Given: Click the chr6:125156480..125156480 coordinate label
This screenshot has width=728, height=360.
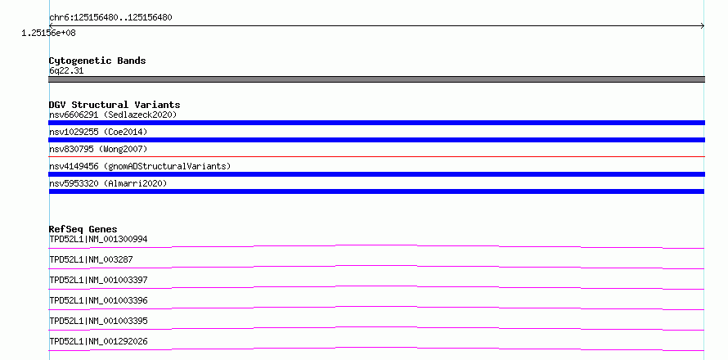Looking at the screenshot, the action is (x=110, y=18).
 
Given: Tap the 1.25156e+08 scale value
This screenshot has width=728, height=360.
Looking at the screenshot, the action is (x=48, y=33).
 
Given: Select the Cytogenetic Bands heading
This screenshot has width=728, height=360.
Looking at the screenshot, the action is (x=97, y=61).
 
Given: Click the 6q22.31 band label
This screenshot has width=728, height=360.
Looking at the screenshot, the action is (x=66, y=70).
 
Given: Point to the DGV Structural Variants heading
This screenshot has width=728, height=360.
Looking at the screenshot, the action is (x=115, y=105).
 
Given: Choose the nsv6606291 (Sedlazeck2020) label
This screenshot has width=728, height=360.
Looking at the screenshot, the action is (x=113, y=115).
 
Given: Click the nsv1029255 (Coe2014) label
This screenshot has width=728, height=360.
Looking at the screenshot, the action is (x=98, y=132).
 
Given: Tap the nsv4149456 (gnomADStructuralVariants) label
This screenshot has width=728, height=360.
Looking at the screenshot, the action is (x=140, y=166).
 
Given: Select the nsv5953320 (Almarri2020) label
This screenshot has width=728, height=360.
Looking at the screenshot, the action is (x=108, y=183).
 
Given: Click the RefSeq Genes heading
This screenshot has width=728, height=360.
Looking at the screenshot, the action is (x=83, y=229).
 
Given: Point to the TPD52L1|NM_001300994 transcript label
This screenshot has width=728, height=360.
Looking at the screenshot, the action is (x=98, y=239).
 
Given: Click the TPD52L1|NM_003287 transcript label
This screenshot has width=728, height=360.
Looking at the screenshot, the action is (x=91, y=259).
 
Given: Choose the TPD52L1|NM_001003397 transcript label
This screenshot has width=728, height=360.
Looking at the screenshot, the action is (x=98, y=280).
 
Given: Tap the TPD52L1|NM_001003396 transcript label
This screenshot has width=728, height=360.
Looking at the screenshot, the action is (x=98, y=300).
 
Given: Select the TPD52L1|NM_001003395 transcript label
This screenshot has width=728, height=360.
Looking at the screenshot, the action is (x=98, y=321).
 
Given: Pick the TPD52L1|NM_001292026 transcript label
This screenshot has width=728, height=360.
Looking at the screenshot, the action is (x=98, y=341).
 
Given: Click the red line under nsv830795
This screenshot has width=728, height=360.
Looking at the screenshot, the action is (x=376, y=156).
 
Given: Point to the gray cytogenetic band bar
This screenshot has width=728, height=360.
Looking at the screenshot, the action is (x=376, y=79).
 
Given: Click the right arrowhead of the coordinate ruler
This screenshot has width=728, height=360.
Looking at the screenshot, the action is (x=703, y=26).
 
